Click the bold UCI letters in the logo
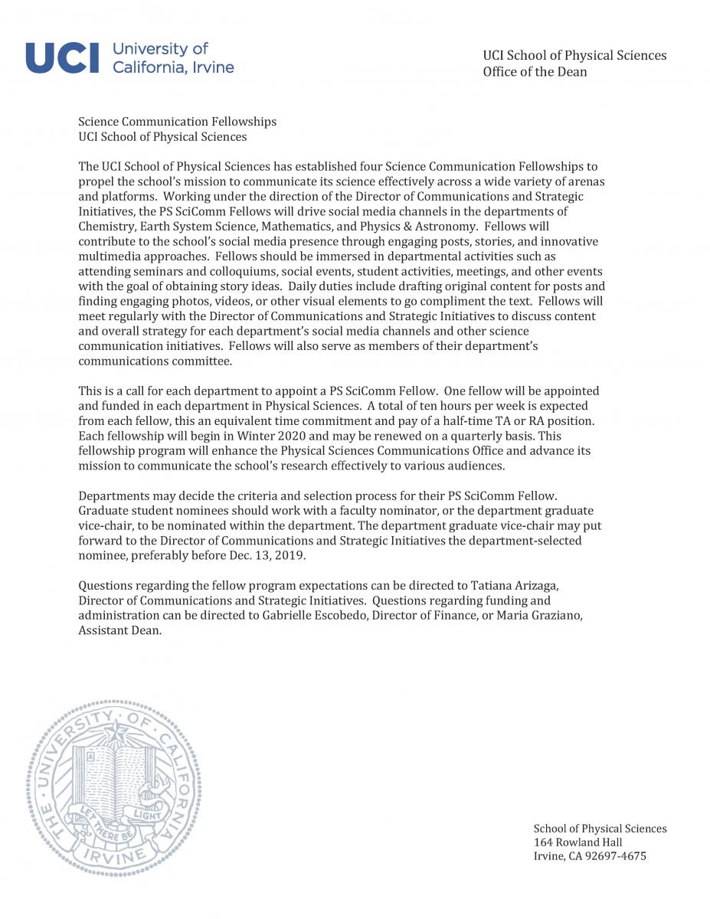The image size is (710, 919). pos(63,58)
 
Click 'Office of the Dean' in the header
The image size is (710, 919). pos(535,72)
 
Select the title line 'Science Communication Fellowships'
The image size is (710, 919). pos(177,122)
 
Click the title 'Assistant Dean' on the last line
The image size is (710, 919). pos(119,631)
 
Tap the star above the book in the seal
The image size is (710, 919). pos(116,734)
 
